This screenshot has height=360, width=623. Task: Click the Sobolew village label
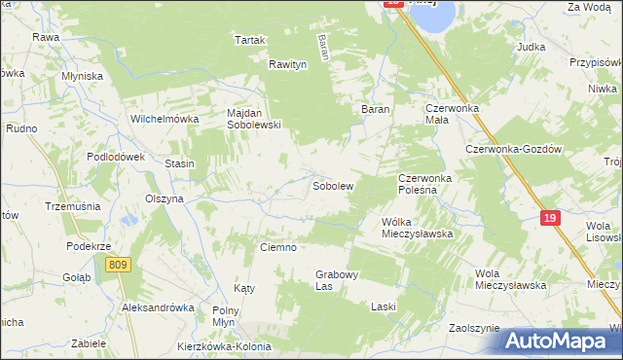pos(332,185)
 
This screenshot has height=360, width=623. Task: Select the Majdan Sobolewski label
pos(253,119)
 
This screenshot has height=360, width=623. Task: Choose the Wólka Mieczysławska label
pos(418,228)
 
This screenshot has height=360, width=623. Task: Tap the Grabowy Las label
pos(337,281)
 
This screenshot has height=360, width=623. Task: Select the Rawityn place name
pos(288,64)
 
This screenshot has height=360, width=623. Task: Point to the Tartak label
pos(250,40)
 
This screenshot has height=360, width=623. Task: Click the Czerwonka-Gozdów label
pos(513,149)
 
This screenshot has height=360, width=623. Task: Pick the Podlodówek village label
pos(115,157)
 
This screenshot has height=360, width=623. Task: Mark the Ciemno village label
pos(277,247)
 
